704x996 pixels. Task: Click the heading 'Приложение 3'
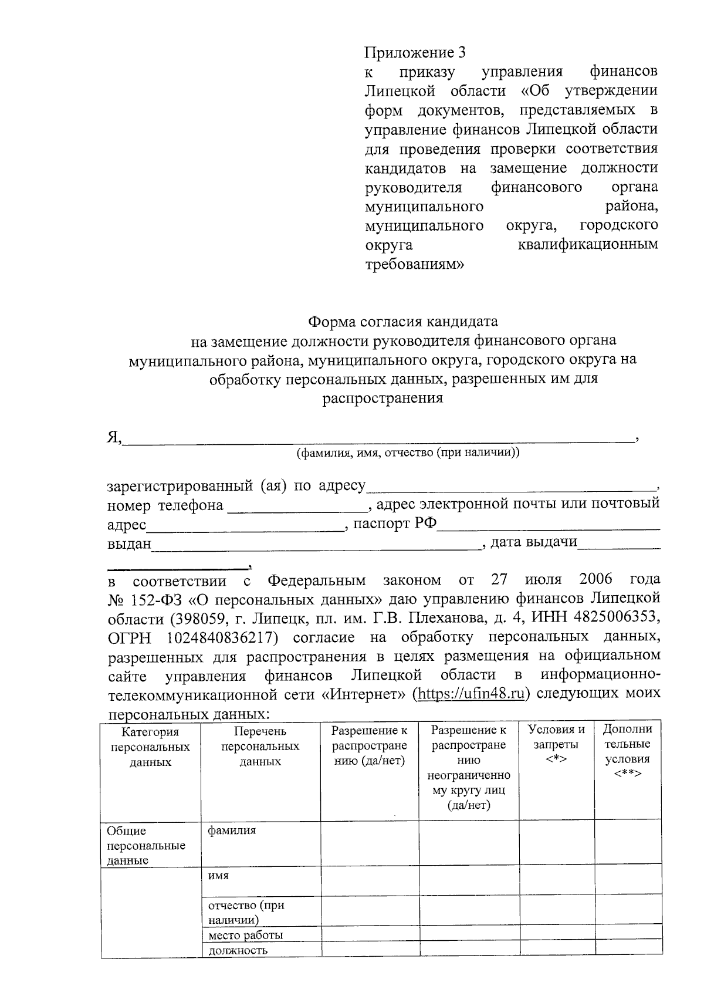[x=415, y=53]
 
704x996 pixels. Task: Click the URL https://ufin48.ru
[x=471, y=693]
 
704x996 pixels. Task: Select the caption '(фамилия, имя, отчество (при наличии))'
[x=408, y=453]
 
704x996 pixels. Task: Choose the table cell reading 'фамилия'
[x=232, y=831]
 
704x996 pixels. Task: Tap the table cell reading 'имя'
[x=218, y=875]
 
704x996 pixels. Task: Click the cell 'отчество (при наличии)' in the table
[x=246, y=912]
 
